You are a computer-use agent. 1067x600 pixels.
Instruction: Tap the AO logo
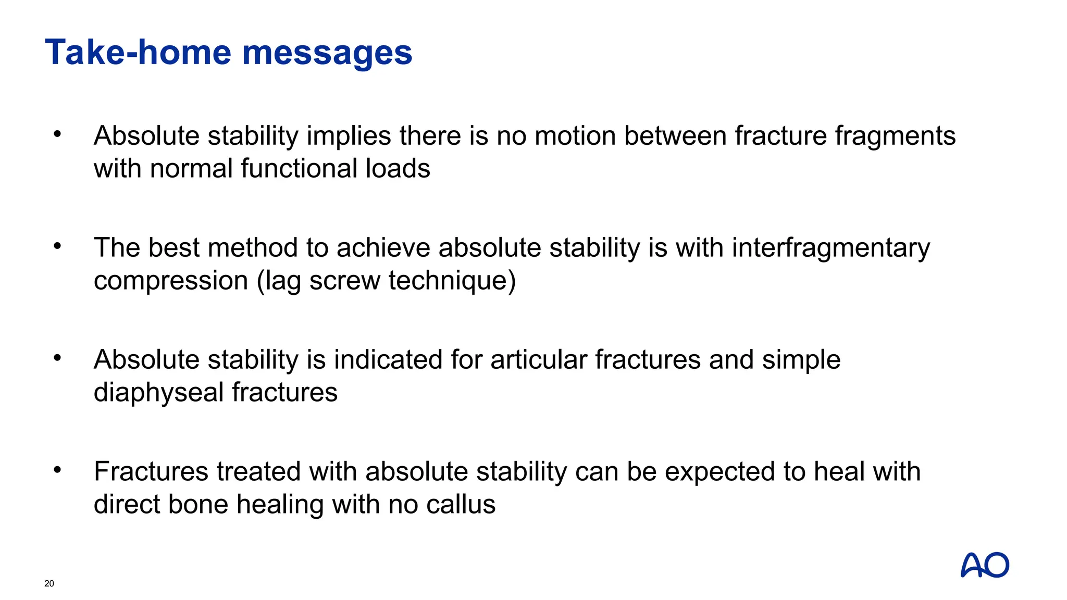[x=984, y=565]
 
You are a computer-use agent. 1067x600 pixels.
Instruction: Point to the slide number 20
[x=49, y=583]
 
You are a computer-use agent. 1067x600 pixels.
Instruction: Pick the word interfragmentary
[x=830, y=248]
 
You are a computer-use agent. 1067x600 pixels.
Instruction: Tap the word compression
[x=170, y=281]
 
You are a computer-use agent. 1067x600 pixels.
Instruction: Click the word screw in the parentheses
[x=344, y=281]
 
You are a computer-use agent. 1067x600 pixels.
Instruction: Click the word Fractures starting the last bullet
[x=151, y=472]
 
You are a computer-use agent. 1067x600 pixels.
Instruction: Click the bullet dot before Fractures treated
[x=57, y=470]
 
